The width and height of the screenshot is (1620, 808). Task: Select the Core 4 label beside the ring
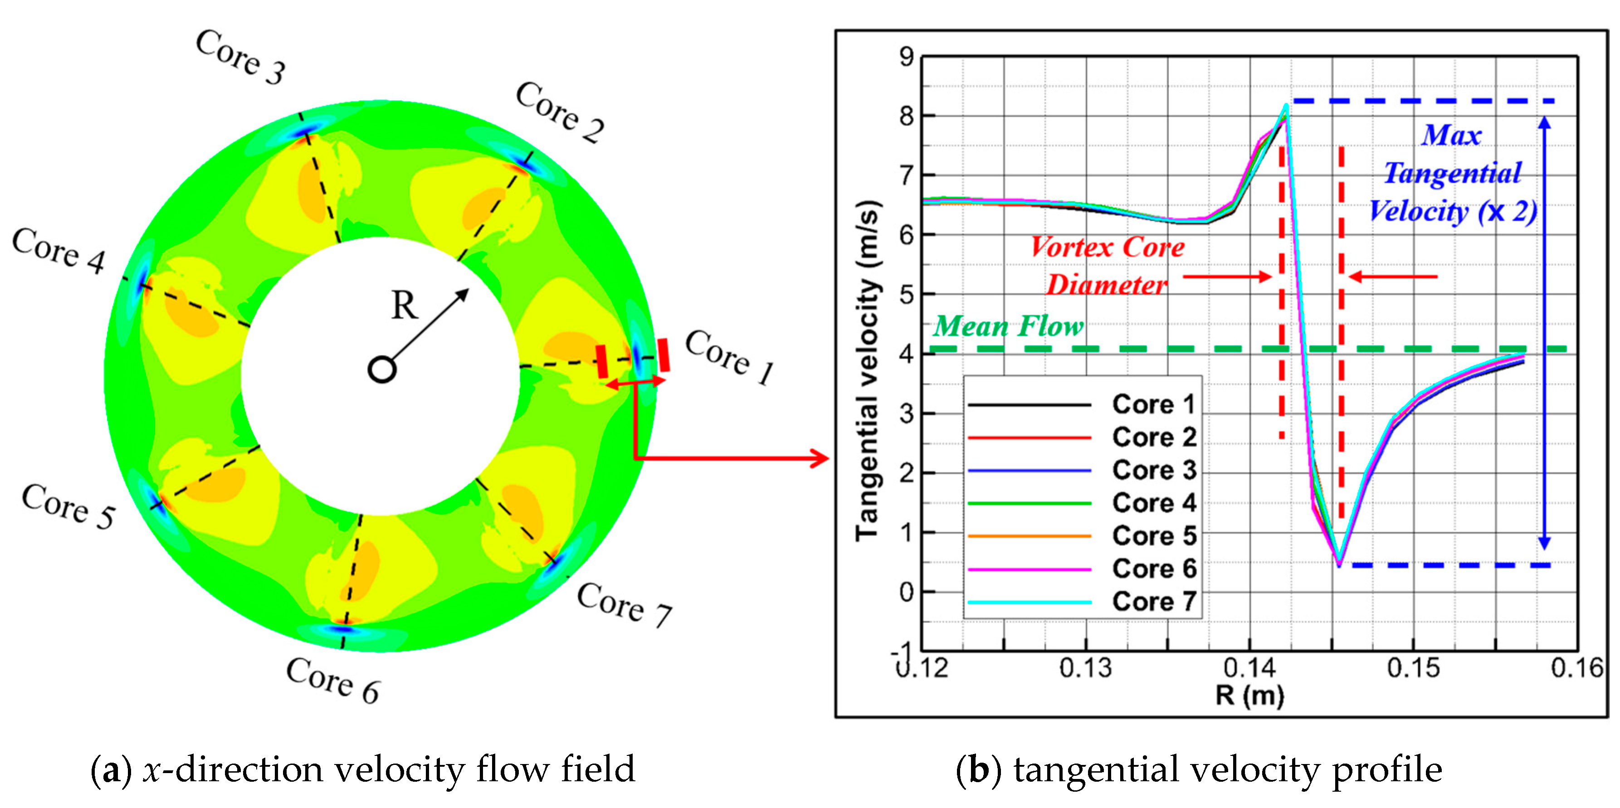click(59, 251)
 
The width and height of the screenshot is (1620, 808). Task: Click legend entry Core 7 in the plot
click(1153, 602)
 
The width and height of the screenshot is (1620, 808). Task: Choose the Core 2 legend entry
click(1153, 437)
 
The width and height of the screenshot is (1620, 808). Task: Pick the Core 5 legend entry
click(1153, 536)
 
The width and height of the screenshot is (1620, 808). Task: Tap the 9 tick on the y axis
click(906, 57)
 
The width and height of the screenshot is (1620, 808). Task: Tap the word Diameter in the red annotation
click(1107, 285)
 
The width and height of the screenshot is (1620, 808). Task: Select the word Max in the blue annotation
click(1451, 135)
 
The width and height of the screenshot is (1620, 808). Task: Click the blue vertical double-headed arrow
click(1544, 333)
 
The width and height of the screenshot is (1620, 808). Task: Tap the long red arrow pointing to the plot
click(730, 458)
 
